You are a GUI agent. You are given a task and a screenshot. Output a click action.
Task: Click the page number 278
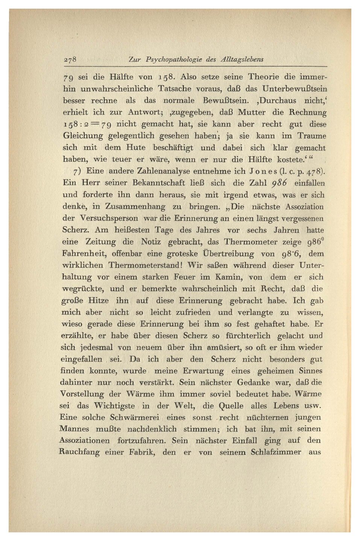(x=70, y=59)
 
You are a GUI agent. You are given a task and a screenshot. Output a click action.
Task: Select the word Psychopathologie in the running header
(x=174, y=59)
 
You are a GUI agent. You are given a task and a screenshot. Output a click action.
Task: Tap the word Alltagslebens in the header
(x=242, y=59)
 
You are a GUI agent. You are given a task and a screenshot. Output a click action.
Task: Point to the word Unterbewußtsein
(x=295, y=89)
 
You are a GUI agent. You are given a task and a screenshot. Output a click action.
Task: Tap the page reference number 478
(x=314, y=171)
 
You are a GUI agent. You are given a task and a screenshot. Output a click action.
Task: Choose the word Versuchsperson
(x=109, y=219)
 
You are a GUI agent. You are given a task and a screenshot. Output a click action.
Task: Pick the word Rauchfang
(x=79, y=452)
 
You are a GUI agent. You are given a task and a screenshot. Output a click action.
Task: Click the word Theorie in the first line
(x=263, y=77)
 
